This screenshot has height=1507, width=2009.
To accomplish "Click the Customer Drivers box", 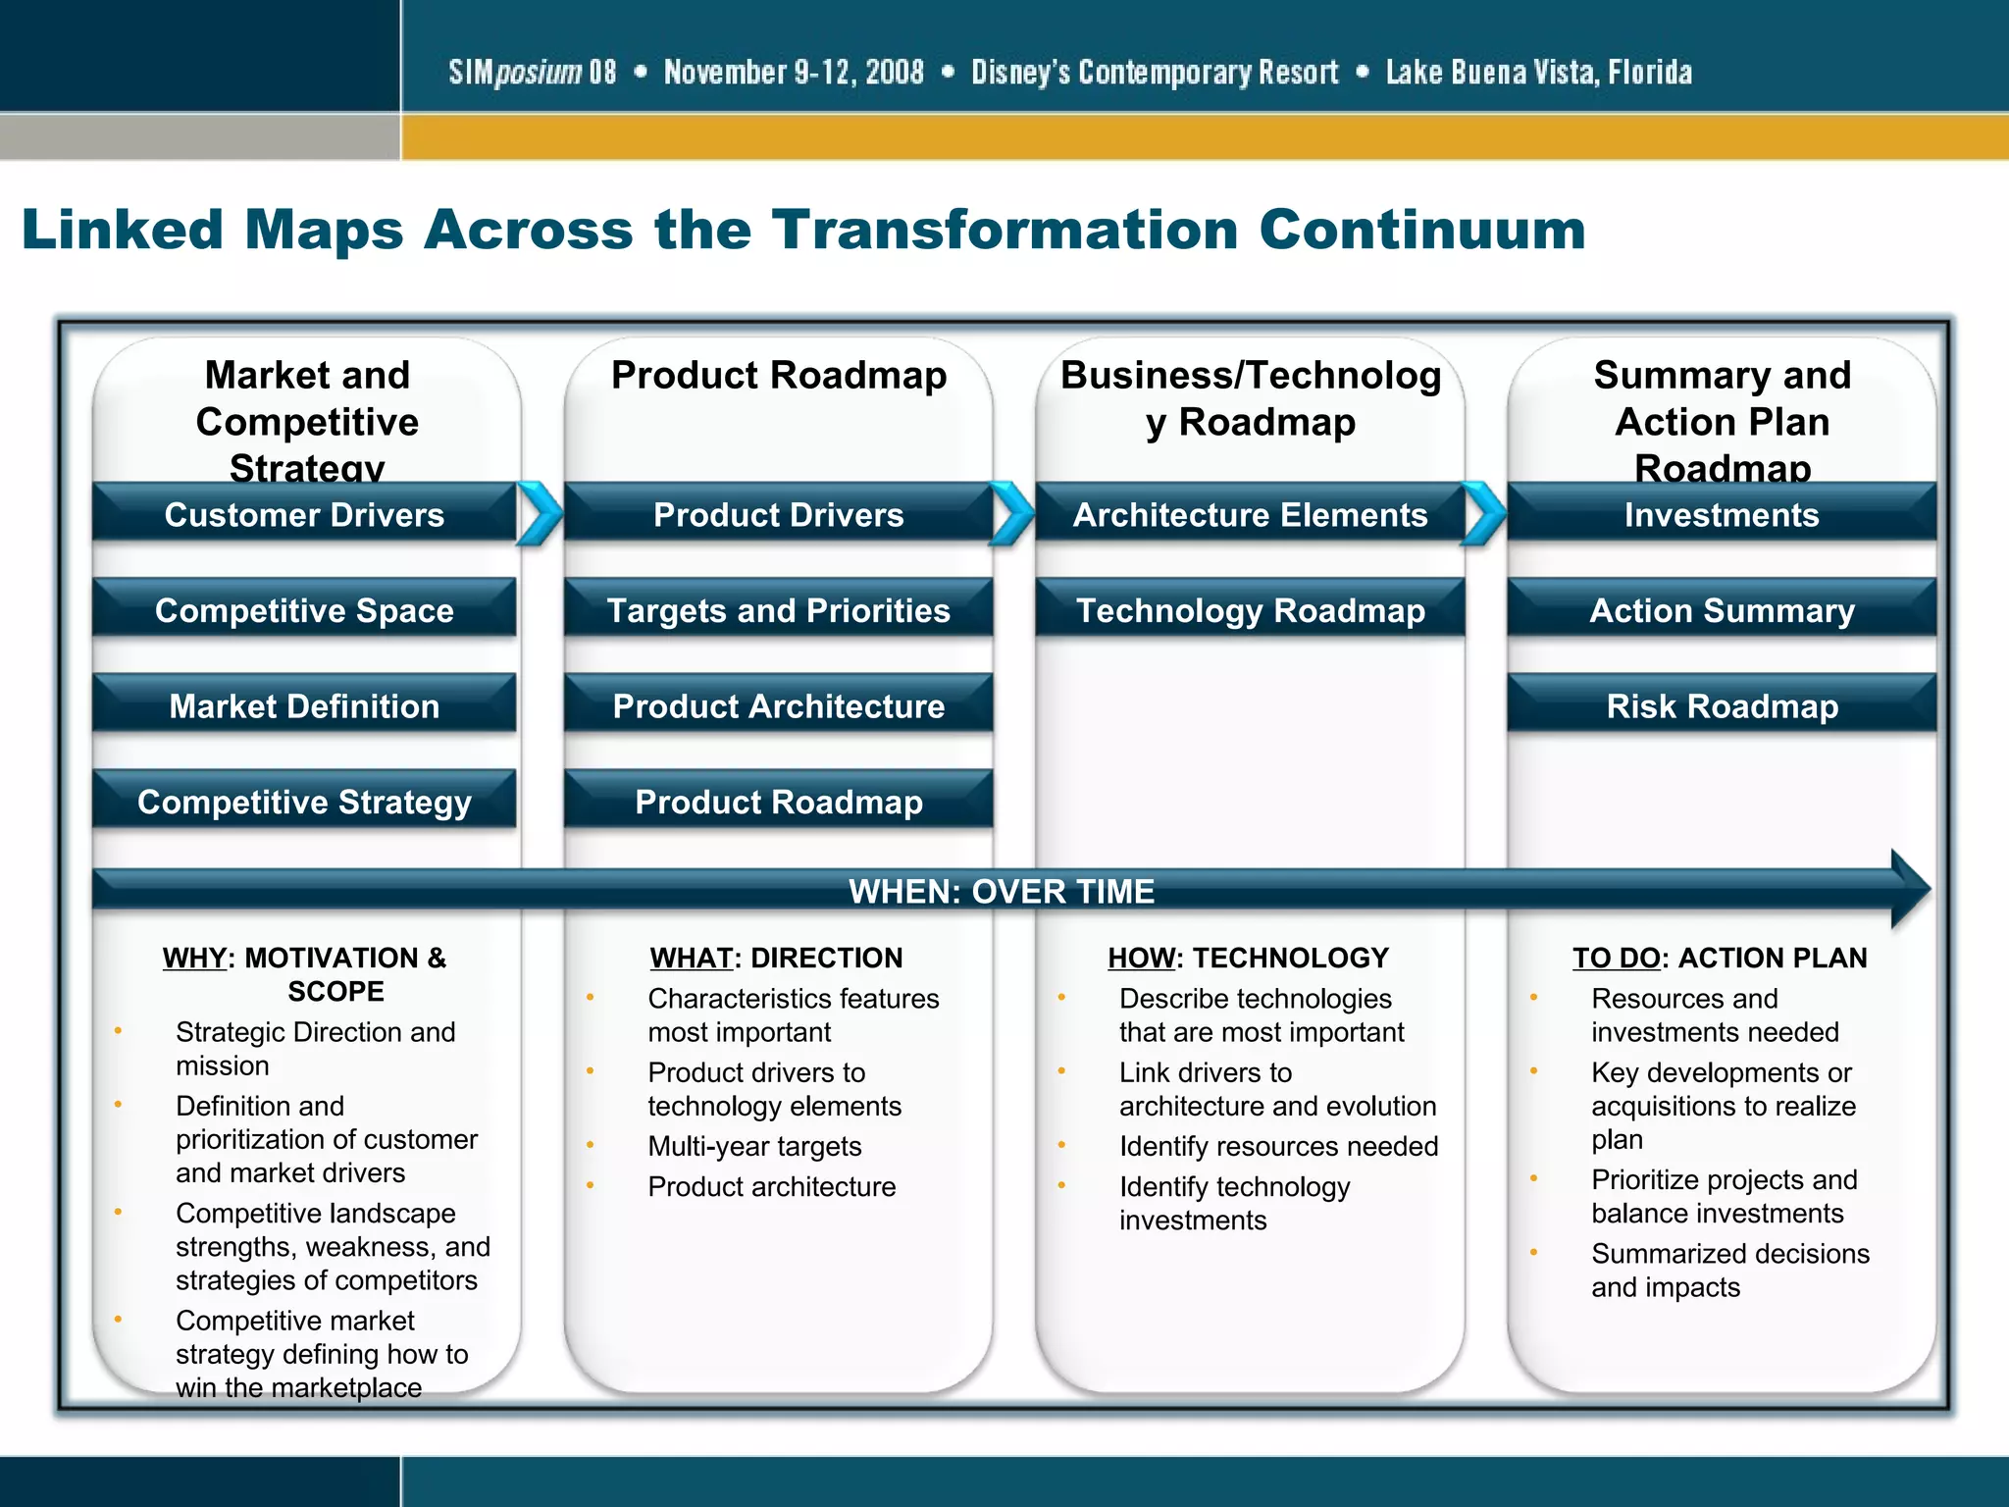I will (304, 514).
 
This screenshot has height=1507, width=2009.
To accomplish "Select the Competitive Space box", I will (304, 610).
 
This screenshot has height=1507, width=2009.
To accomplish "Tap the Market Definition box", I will (304, 705).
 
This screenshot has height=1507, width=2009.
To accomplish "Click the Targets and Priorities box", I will (778, 610).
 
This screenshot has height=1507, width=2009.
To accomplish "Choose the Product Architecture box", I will (778, 705).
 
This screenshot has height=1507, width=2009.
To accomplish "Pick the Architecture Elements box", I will (1250, 514).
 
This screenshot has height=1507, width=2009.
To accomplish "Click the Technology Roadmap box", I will (1250, 610).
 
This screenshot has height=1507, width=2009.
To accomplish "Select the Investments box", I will (1722, 514).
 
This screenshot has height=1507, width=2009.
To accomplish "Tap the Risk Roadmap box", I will (1722, 705).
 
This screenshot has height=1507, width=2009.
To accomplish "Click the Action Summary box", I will (1722, 610).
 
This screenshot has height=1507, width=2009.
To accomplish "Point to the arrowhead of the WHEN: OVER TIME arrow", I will (1909, 889).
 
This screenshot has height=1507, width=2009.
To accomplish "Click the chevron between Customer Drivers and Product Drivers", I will (540, 513).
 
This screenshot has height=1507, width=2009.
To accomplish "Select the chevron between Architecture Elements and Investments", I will (1484, 513).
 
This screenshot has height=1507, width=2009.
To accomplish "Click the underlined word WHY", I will (194, 958).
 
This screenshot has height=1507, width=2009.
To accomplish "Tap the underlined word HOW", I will (1141, 958).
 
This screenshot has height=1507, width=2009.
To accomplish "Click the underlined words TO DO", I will (1616, 958).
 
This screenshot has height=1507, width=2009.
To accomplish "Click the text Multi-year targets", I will (754, 1146).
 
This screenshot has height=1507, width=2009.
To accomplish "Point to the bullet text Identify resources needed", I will (1278, 1146).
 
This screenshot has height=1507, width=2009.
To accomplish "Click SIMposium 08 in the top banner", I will (533, 73).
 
